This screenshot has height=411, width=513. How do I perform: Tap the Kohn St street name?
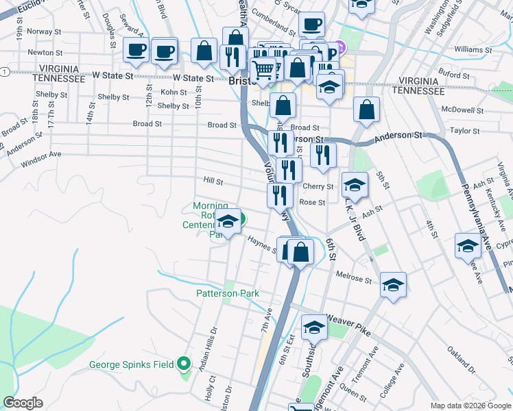174,92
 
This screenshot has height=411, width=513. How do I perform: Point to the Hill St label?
213,182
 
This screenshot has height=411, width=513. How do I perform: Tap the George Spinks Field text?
131,364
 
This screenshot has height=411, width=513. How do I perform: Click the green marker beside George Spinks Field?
184,364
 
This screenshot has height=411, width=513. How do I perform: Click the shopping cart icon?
263,69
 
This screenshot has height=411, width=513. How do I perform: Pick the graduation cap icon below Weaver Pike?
314,328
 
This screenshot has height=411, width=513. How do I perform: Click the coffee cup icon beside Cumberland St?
311,25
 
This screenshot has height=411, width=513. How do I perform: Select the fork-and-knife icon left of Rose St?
280,195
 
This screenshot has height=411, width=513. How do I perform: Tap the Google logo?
23,403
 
